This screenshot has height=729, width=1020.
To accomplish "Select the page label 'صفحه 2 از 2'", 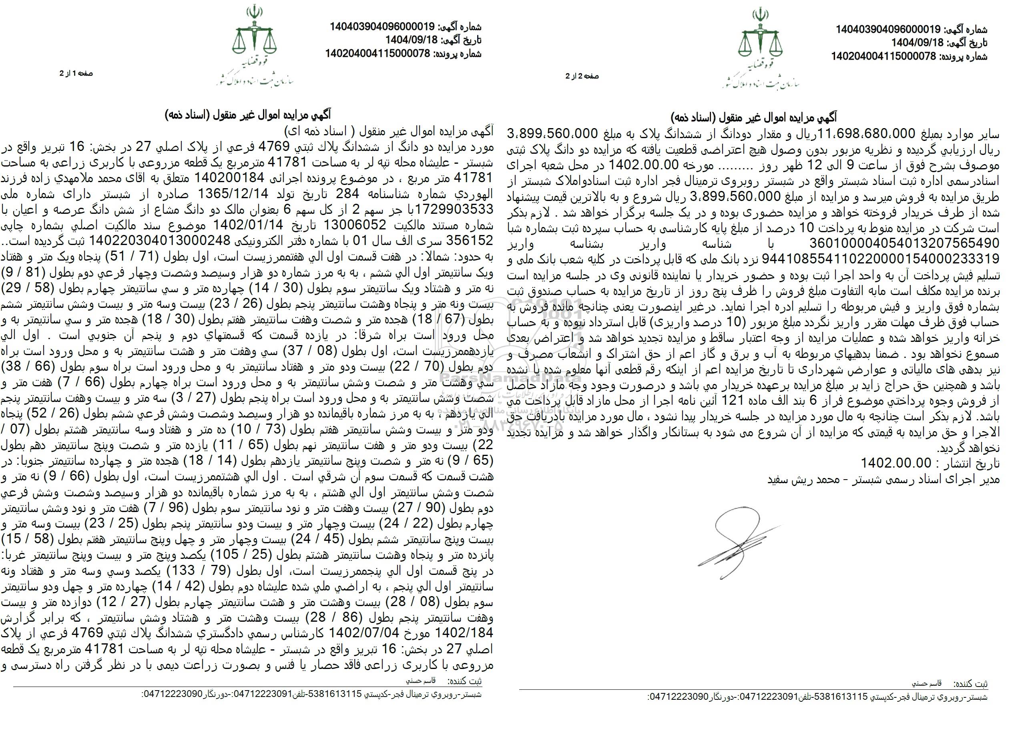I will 582,76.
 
